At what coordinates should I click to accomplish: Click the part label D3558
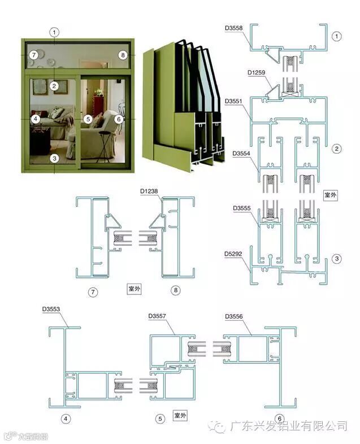[x=233, y=28]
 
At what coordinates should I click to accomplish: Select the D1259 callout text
[x=257, y=72]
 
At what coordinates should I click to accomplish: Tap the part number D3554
[x=242, y=153]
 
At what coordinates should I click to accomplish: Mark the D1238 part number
[x=149, y=191]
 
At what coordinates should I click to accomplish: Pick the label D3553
[x=51, y=309]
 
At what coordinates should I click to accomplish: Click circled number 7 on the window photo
[x=34, y=55]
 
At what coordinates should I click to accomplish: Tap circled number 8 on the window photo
[x=123, y=55]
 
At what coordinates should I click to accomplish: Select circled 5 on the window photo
[x=88, y=119]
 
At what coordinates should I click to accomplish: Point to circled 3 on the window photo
[x=54, y=158]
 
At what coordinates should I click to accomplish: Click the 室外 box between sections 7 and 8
[x=133, y=289]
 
